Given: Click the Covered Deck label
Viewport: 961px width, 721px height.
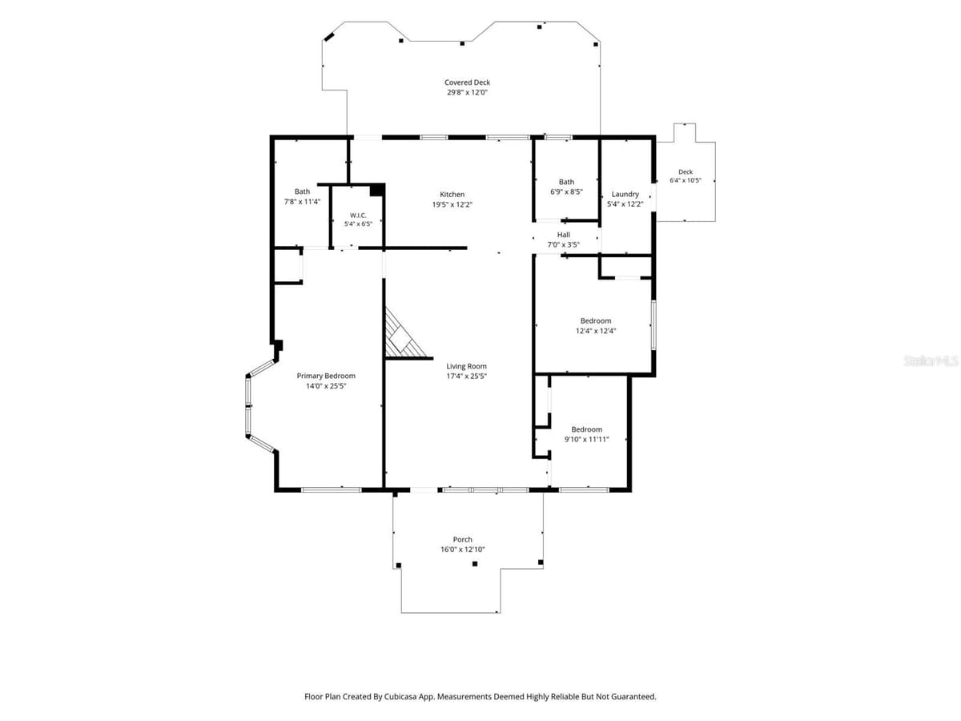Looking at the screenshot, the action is tap(467, 83).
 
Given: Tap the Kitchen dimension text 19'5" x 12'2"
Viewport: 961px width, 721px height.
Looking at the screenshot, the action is tap(452, 204).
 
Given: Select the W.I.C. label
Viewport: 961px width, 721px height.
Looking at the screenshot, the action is tap(358, 215).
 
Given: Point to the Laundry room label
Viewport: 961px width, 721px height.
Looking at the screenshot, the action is tap(625, 195).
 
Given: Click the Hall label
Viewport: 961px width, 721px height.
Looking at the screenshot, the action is tap(563, 235).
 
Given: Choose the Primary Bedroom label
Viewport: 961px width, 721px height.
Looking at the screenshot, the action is tap(326, 376).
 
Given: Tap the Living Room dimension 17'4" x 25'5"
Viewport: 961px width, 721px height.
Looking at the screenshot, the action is tap(466, 376).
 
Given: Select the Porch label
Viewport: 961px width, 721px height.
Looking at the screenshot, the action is tap(462, 540).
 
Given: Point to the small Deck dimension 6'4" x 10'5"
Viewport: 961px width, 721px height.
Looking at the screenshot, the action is tap(686, 180).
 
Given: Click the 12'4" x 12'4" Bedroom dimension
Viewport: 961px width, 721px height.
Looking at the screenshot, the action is tap(596, 331).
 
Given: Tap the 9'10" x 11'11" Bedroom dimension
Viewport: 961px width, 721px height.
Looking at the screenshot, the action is tap(586, 440).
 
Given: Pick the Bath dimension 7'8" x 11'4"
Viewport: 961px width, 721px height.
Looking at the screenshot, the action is tap(302, 202).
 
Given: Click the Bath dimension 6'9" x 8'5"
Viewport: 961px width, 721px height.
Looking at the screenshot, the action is tap(566, 191).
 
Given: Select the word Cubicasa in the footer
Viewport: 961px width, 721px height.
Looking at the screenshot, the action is tap(399, 696).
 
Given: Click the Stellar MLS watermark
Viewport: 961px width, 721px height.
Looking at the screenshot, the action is tap(931, 360).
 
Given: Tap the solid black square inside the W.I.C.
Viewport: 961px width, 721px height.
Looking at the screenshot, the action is tap(376, 190).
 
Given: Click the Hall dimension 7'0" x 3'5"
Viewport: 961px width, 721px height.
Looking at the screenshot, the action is tap(563, 244).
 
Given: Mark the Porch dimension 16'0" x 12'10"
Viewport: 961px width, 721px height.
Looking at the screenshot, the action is tap(462, 550).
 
